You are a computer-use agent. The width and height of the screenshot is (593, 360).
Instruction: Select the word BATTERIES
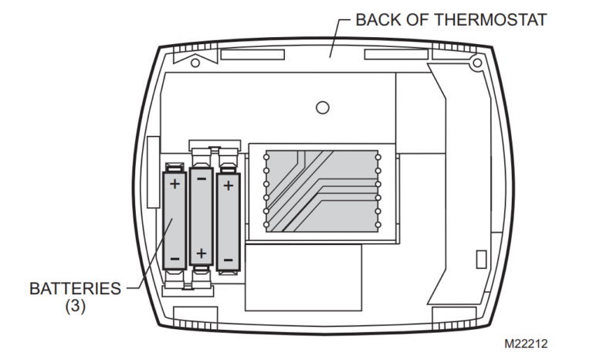coord(75,289)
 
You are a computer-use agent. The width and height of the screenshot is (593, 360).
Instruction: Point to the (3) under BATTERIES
coord(75,306)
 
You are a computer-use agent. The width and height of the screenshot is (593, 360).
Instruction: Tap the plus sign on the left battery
coord(175,184)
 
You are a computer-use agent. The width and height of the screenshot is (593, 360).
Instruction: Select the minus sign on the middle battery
coord(202,178)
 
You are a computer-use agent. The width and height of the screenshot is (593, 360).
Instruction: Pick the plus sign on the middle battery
coord(202,252)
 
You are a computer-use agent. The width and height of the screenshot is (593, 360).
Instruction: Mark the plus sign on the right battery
coord(229,185)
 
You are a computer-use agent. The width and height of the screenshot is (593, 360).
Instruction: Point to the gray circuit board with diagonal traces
coord(322,189)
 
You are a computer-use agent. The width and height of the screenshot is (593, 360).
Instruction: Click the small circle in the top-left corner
coord(195,62)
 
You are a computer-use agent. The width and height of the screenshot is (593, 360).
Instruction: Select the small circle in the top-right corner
coord(476,62)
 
